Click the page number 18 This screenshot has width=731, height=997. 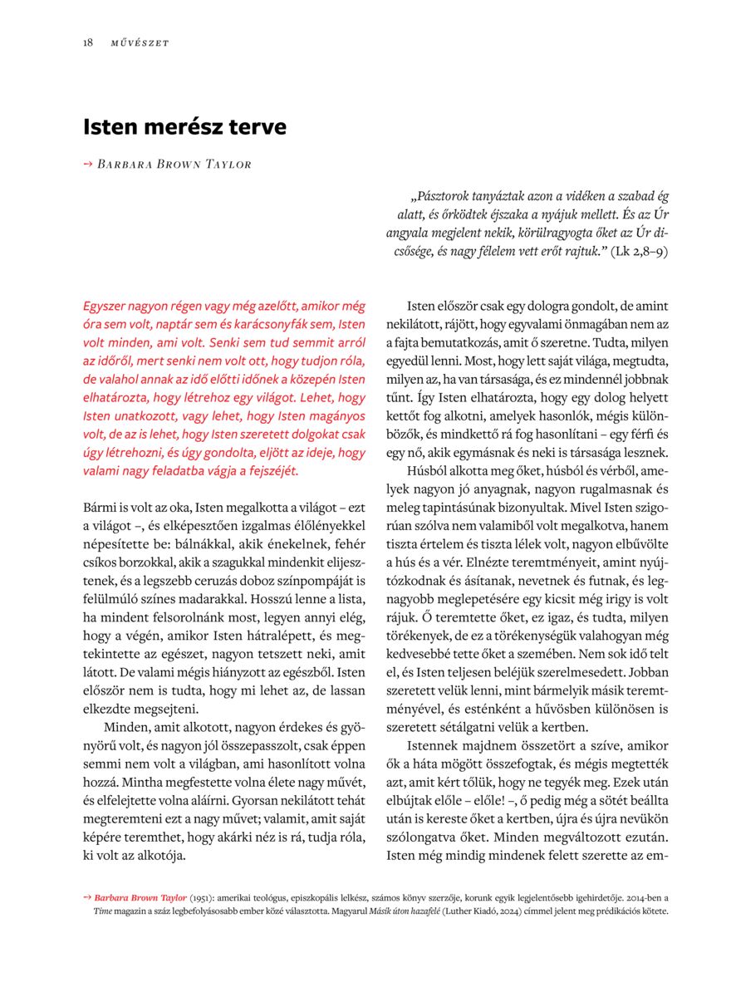pyautogui.click(x=87, y=43)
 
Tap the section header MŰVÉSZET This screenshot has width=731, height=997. pyautogui.click(x=140, y=43)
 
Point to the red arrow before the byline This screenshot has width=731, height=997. pyautogui.click(x=87, y=164)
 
